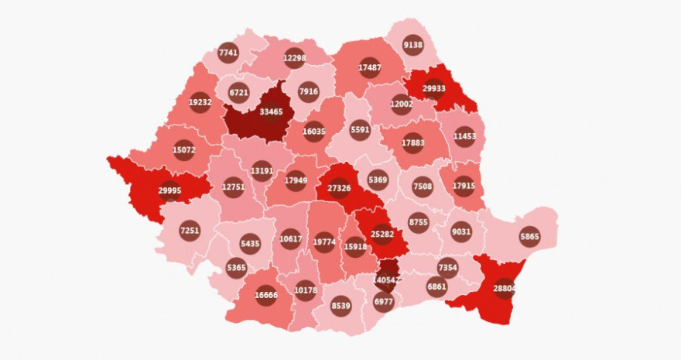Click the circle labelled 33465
271,112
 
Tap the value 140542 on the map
385,279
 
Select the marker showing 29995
169,190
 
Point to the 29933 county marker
433,89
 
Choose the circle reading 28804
505,288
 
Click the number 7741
228,53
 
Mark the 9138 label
413,45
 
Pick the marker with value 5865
530,237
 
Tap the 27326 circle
339,188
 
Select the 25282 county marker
382,233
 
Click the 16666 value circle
266,295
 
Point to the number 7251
190,230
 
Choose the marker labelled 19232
200,102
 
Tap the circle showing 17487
370,68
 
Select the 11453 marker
464,136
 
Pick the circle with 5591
360,129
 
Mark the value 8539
341,306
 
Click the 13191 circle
262,171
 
